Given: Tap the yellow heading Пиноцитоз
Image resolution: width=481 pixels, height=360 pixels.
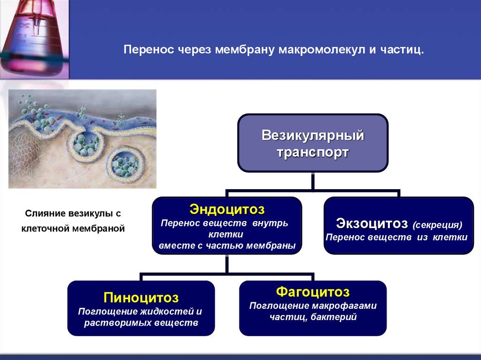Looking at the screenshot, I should pyautogui.click(x=141, y=298).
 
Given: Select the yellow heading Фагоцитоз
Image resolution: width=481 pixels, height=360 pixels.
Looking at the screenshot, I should pyautogui.click(x=313, y=292).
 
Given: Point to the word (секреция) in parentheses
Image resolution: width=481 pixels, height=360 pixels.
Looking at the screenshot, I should pyautogui.click(x=438, y=224).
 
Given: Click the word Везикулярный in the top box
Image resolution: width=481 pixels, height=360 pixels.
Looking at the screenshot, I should pyautogui.click(x=313, y=136).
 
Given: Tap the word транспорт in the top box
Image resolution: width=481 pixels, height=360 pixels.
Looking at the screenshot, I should pyautogui.click(x=313, y=153).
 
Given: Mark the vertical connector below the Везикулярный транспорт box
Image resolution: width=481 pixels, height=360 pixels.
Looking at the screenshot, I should pyautogui.click(x=313, y=181).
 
